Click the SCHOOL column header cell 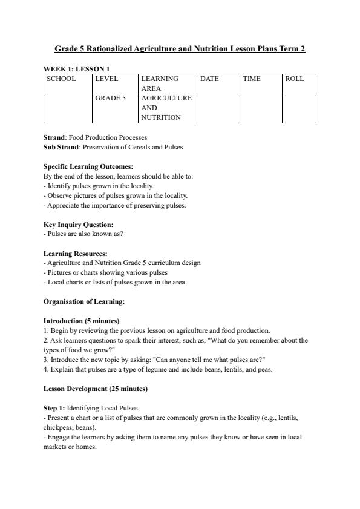click(x=62, y=79)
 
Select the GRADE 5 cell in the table click(x=110, y=98)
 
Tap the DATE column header click(x=209, y=79)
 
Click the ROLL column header click(x=294, y=79)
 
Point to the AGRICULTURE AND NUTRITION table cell click(x=166, y=108)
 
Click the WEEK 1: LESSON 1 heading click(x=76, y=69)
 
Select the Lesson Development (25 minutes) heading click(x=96, y=389)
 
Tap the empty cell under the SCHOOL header click(x=68, y=108)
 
